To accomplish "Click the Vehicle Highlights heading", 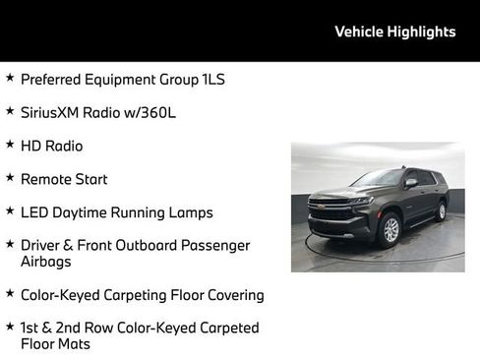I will click(394, 31).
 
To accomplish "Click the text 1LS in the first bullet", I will click(210, 79).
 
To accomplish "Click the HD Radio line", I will click(51, 146).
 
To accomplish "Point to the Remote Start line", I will click(64, 179).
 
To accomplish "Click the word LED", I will click(33, 212).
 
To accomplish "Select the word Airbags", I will click(47, 262).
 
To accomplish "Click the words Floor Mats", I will click(55, 344).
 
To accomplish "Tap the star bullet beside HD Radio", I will click(9, 144).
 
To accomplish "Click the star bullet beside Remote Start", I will click(9, 177).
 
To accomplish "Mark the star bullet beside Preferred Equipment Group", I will click(9, 77).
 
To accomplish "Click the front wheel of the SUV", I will click(390, 230).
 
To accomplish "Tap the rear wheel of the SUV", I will click(441, 211).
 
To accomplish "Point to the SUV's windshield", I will click(379, 178).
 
